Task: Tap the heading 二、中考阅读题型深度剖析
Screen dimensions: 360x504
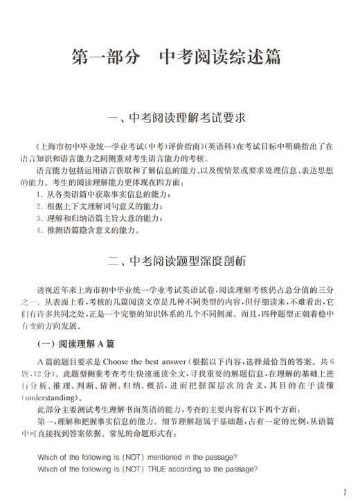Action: pos(179,262)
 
